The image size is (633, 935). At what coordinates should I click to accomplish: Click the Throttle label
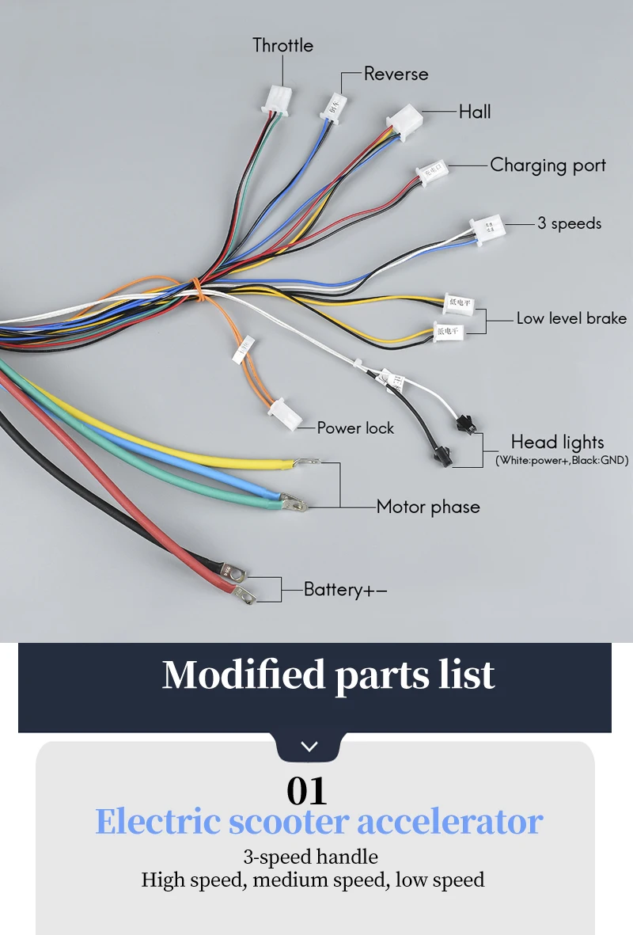(x=282, y=45)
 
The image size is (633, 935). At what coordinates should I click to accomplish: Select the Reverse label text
(x=396, y=74)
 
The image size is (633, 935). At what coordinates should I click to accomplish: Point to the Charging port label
(x=548, y=165)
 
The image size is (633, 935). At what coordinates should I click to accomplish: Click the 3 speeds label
(x=569, y=223)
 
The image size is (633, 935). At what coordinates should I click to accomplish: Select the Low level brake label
(x=571, y=318)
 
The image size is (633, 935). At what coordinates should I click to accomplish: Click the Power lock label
(x=355, y=428)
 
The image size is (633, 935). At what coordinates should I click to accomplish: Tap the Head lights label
(x=557, y=442)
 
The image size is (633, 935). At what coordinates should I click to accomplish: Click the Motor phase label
(x=428, y=507)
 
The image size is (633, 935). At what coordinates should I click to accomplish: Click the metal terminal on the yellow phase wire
(x=308, y=462)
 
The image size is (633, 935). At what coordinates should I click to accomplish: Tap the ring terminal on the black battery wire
(x=244, y=593)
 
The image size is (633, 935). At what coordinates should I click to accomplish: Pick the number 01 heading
(x=306, y=790)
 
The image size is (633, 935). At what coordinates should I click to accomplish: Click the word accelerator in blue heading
(x=449, y=822)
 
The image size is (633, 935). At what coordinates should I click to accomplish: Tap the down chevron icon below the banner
(x=309, y=747)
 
